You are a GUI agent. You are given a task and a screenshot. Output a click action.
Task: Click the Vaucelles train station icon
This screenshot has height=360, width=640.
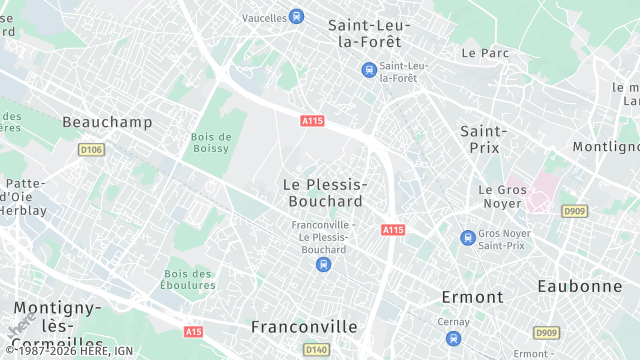[x=296, y=16]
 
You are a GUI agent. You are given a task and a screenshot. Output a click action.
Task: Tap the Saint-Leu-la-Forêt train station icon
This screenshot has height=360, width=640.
[x=369, y=69]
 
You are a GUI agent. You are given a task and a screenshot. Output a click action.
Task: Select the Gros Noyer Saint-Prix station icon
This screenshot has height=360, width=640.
[x=467, y=238]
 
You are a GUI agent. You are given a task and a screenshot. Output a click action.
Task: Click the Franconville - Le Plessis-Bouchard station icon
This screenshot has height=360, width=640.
[x=322, y=264]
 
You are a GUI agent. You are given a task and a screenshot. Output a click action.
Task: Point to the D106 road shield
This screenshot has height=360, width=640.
[x=91, y=150]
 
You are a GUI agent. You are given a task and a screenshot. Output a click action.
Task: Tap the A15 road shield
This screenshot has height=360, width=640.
[x=194, y=331]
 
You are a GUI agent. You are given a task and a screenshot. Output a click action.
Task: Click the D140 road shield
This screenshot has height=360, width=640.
[x=316, y=349]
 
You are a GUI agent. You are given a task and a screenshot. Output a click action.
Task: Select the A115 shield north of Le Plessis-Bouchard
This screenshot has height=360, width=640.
[x=313, y=121]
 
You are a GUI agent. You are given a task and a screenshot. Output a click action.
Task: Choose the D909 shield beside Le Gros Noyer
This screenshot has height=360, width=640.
[x=574, y=211]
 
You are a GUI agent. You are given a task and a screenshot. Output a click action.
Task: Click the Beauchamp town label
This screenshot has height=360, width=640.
[x=107, y=122]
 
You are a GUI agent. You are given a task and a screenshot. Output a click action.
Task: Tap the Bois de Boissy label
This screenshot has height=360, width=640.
[x=211, y=143]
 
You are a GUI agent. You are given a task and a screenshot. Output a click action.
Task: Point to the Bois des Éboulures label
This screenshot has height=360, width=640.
[x=189, y=280]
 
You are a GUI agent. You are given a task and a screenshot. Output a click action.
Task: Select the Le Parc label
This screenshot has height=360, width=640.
[x=486, y=52]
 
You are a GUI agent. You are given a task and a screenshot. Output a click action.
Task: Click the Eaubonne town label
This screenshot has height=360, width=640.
[x=580, y=285]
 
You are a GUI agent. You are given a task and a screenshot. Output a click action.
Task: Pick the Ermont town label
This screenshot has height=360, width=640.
[x=473, y=297]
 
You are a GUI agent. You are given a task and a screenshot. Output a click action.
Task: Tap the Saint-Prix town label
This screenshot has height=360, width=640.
[x=484, y=139]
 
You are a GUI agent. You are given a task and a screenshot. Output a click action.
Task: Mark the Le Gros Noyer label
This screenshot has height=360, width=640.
[x=501, y=196]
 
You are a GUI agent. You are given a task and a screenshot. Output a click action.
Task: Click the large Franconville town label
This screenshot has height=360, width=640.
[x=304, y=327]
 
